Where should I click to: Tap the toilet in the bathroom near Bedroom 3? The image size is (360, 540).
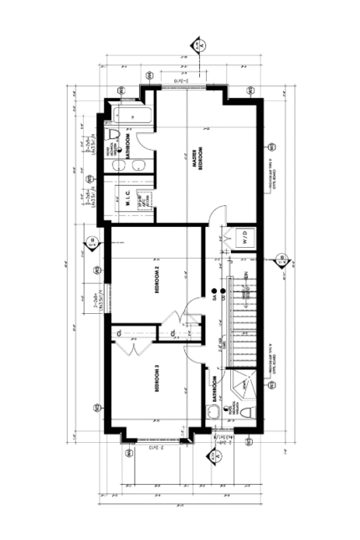click(210, 412)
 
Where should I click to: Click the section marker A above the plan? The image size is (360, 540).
click(201, 44)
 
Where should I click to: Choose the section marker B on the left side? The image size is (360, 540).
click(89, 244)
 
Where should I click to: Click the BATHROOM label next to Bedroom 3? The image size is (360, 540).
click(215, 387)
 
